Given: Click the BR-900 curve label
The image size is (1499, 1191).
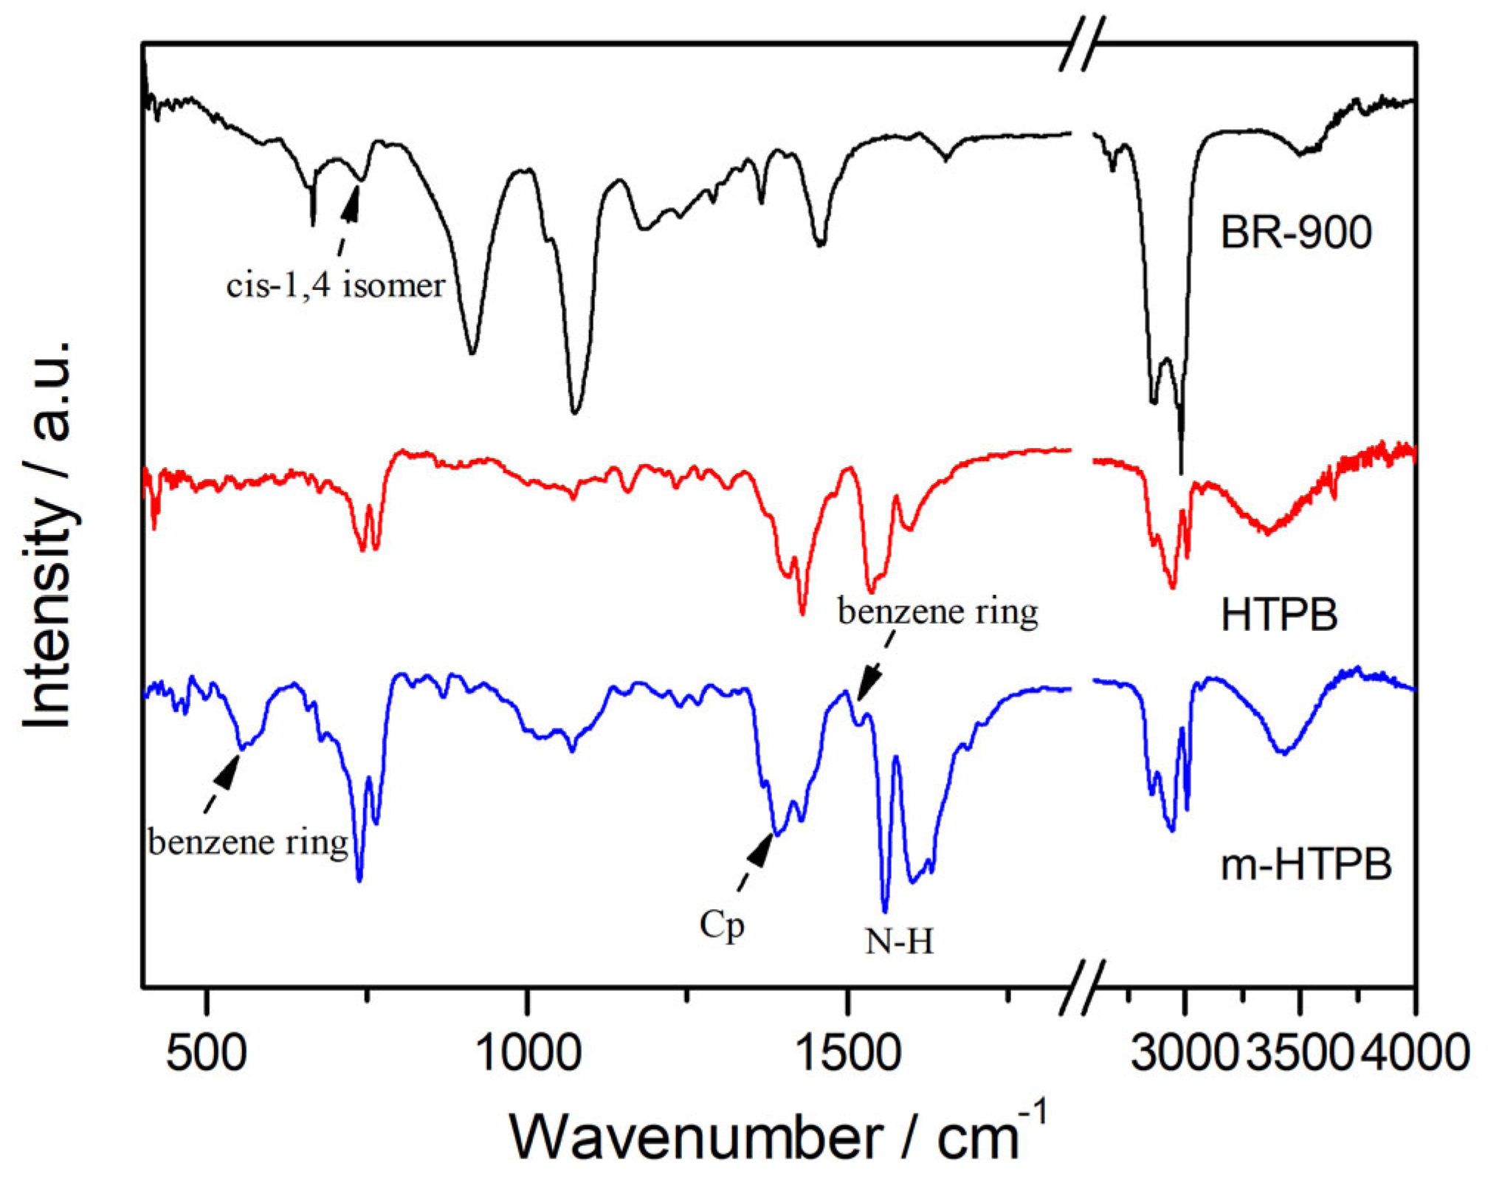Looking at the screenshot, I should [x=1295, y=232].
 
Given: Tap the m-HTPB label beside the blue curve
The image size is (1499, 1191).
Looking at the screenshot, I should [x=1306, y=864].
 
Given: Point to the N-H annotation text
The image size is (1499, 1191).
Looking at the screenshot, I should [x=899, y=942].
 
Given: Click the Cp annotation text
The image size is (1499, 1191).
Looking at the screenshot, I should [x=722, y=925].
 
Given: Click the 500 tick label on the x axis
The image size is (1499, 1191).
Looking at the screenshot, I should [x=206, y=1053].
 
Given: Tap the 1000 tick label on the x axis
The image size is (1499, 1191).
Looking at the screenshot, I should [x=527, y=1053].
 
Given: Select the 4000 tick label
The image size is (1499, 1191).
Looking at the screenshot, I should [x=1415, y=1053].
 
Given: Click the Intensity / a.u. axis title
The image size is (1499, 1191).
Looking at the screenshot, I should [x=48, y=535].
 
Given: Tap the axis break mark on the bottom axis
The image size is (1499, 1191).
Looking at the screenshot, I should [x=1083, y=987].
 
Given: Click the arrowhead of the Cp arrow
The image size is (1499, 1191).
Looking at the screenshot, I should [x=761, y=849].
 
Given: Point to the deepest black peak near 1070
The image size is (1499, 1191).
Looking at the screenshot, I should [x=575, y=410].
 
